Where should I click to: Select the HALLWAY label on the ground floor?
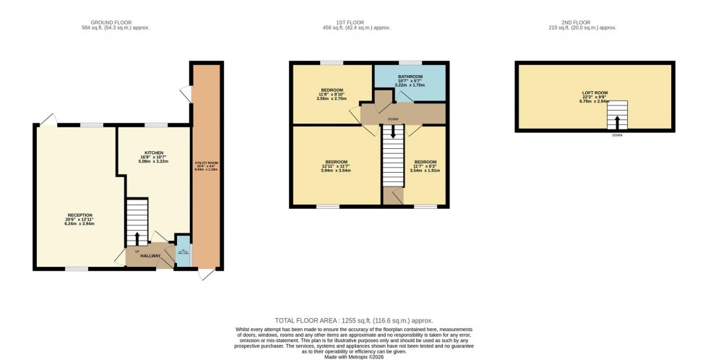pos(150,257)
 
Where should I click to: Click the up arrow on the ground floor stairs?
pos(137,238)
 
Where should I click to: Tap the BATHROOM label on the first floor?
pos(409,76)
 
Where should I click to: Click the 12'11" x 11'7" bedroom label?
pos(336,161)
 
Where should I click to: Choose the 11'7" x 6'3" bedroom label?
pos(424,162)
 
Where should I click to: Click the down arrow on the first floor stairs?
pos(393,131)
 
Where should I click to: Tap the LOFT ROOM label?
pos(595,93)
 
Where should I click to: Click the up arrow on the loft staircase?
pos(616,121)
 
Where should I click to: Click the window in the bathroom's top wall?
pos(410,63)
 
